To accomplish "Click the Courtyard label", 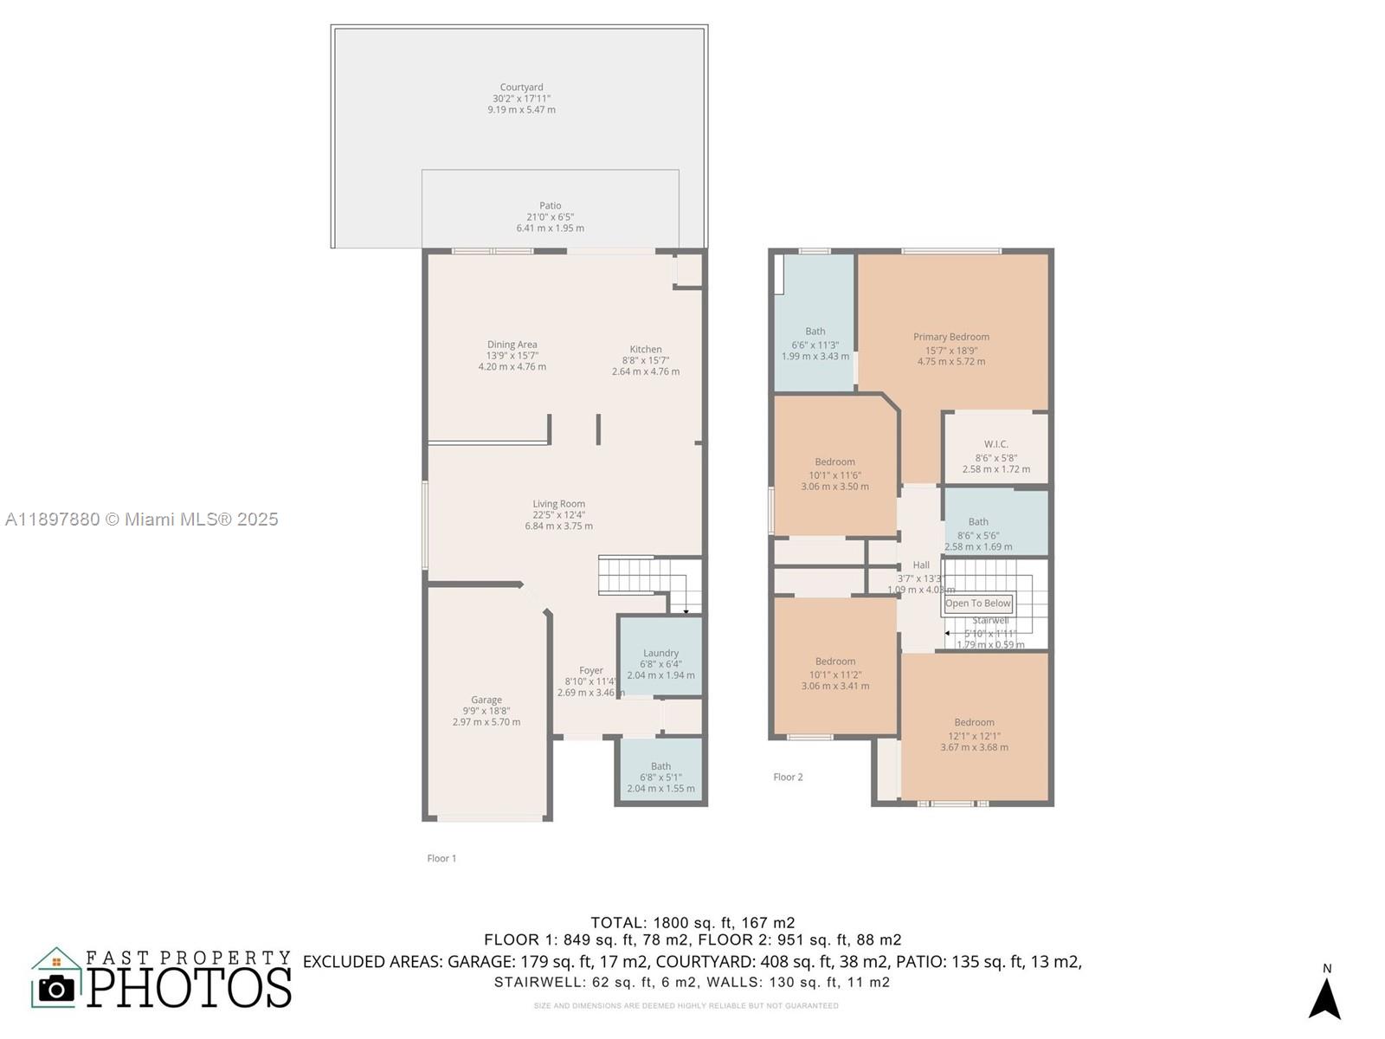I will pos(521,87).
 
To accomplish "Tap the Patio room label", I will pos(550,206).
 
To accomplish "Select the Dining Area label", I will pos(512,345).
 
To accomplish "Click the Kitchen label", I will pos(646,350).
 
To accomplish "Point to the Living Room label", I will pos(558,504).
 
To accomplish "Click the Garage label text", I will pos(486,700).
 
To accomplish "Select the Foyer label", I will pos(591,670).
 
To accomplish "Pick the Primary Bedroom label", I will pos(950,337).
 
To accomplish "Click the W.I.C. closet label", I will pos(995,444).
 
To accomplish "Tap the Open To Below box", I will pos(977,603).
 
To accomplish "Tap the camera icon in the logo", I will pos(56,988).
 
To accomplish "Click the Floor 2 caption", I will pos(788,777).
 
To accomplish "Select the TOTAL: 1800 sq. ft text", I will pos(692,922).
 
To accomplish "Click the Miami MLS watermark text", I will pos(142,519).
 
